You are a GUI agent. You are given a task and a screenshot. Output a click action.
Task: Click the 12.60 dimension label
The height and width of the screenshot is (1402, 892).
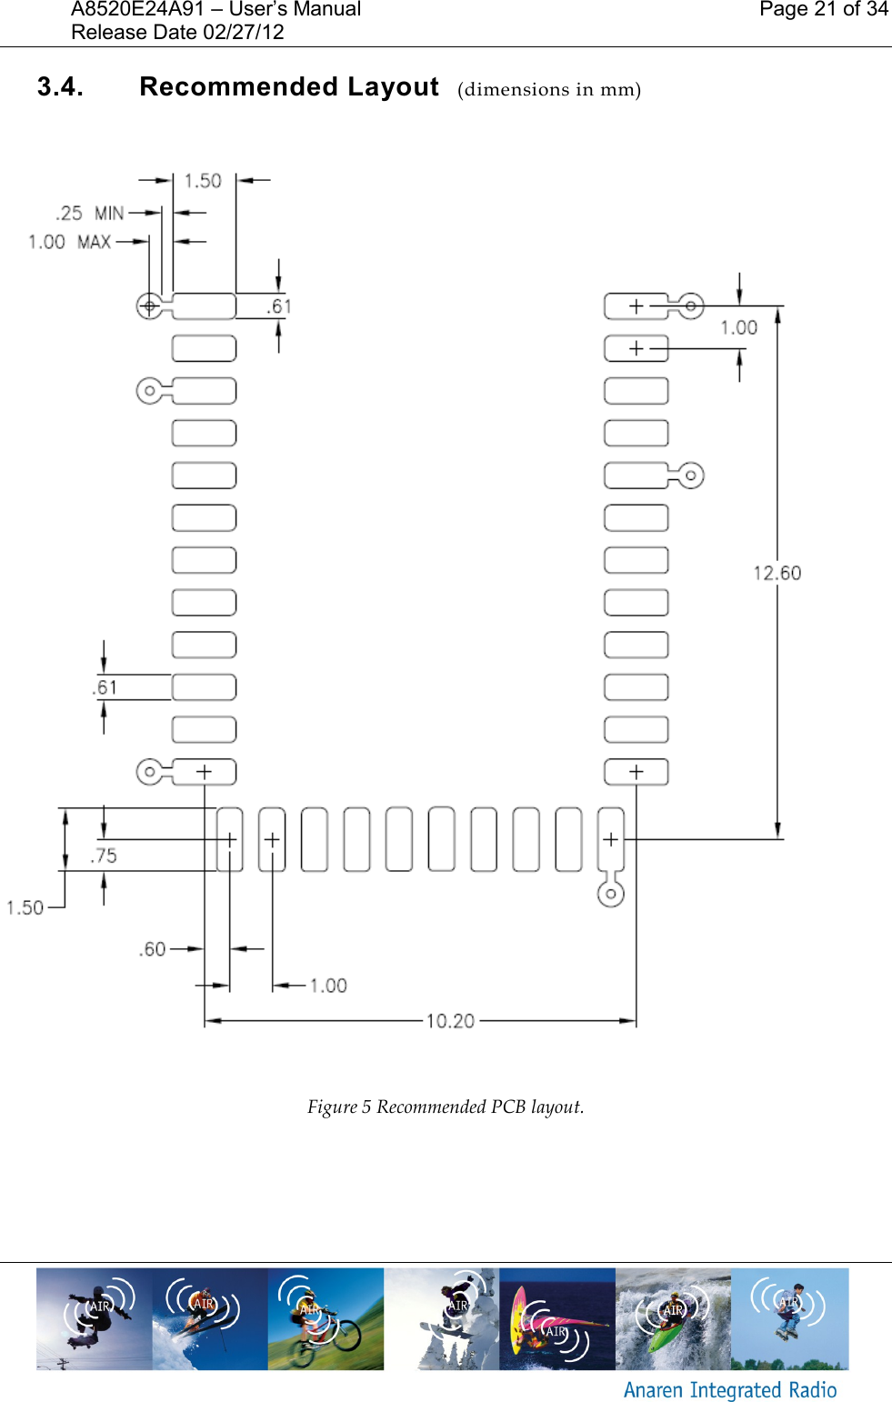[x=777, y=573]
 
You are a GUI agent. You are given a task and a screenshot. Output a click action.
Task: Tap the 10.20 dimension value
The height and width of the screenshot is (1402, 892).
[x=450, y=1021]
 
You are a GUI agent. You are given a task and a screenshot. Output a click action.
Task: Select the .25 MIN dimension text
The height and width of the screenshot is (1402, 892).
[x=89, y=214]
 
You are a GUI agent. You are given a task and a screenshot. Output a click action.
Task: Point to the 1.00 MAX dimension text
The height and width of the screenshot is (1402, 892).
[x=69, y=242]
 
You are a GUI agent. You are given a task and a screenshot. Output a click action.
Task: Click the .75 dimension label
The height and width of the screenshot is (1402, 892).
[x=105, y=856]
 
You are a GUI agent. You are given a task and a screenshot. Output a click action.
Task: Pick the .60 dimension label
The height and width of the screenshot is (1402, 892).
[x=153, y=949]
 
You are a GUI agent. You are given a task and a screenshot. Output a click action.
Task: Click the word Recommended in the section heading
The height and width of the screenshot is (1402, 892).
[x=238, y=87]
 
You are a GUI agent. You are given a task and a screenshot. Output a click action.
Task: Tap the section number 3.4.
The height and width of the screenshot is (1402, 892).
[x=60, y=87]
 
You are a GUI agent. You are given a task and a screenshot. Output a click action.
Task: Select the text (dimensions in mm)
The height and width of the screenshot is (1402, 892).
[x=549, y=89]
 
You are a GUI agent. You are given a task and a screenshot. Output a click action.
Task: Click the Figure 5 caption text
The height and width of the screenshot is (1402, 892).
[x=446, y=1107]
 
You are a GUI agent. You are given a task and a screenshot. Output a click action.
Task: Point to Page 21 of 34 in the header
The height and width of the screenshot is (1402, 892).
[x=823, y=9]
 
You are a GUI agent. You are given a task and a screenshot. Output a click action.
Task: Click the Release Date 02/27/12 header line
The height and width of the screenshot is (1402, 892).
[x=177, y=33]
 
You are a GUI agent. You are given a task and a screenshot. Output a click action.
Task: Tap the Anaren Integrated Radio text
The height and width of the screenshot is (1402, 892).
[x=729, y=1390]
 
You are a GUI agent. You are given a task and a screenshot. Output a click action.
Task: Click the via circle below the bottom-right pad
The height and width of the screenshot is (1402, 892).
[x=611, y=894]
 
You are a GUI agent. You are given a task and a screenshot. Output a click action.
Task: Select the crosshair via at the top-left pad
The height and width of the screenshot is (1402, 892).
[x=149, y=306]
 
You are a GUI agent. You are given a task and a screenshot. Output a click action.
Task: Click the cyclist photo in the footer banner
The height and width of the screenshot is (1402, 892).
[x=326, y=1318]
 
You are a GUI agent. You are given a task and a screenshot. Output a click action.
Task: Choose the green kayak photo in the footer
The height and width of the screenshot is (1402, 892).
[x=673, y=1318]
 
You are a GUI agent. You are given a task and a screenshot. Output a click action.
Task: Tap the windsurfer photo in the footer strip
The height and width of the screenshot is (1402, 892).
[x=556, y=1318]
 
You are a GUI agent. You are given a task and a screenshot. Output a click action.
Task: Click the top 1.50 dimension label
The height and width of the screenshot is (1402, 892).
[x=203, y=181]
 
